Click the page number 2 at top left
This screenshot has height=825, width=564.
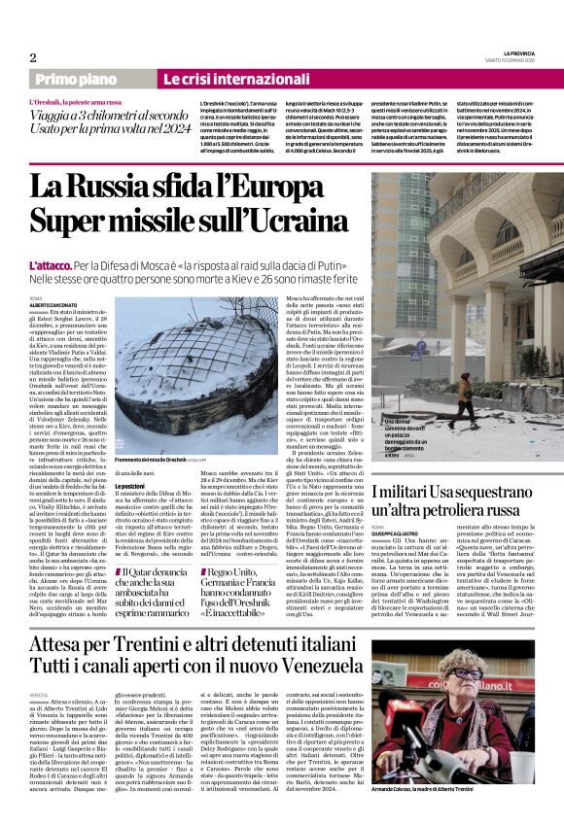point(32,56)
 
